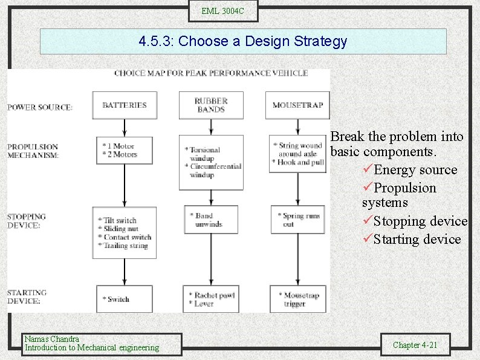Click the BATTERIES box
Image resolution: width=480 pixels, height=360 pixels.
click(x=124, y=105)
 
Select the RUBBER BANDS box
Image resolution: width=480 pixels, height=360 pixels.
click(x=211, y=105)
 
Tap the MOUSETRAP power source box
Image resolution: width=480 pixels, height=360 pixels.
click(x=297, y=105)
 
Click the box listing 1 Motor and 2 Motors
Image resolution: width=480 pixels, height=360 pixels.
click(x=124, y=151)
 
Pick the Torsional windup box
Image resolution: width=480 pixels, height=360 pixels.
click(x=211, y=162)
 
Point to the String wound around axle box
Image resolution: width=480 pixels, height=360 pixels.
click(x=297, y=154)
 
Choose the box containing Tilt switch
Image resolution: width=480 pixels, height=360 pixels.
click(x=124, y=233)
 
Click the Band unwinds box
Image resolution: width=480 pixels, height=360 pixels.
click(x=211, y=220)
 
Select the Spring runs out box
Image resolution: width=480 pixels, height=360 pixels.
click(x=297, y=220)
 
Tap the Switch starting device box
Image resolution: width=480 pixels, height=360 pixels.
click(x=124, y=299)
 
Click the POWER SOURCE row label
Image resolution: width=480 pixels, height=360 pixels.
click(x=40, y=108)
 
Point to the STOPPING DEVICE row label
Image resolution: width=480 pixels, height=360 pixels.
click(x=27, y=221)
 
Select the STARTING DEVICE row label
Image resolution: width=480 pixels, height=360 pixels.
click(x=27, y=296)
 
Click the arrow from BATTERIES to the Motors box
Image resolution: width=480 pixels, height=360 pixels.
click(x=124, y=127)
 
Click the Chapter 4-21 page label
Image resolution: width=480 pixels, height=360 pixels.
click(x=414, y=345)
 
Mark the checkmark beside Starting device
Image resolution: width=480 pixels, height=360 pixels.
click(x=367, y=240)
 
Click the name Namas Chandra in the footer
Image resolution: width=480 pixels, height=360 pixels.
click(x=51, y=339)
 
